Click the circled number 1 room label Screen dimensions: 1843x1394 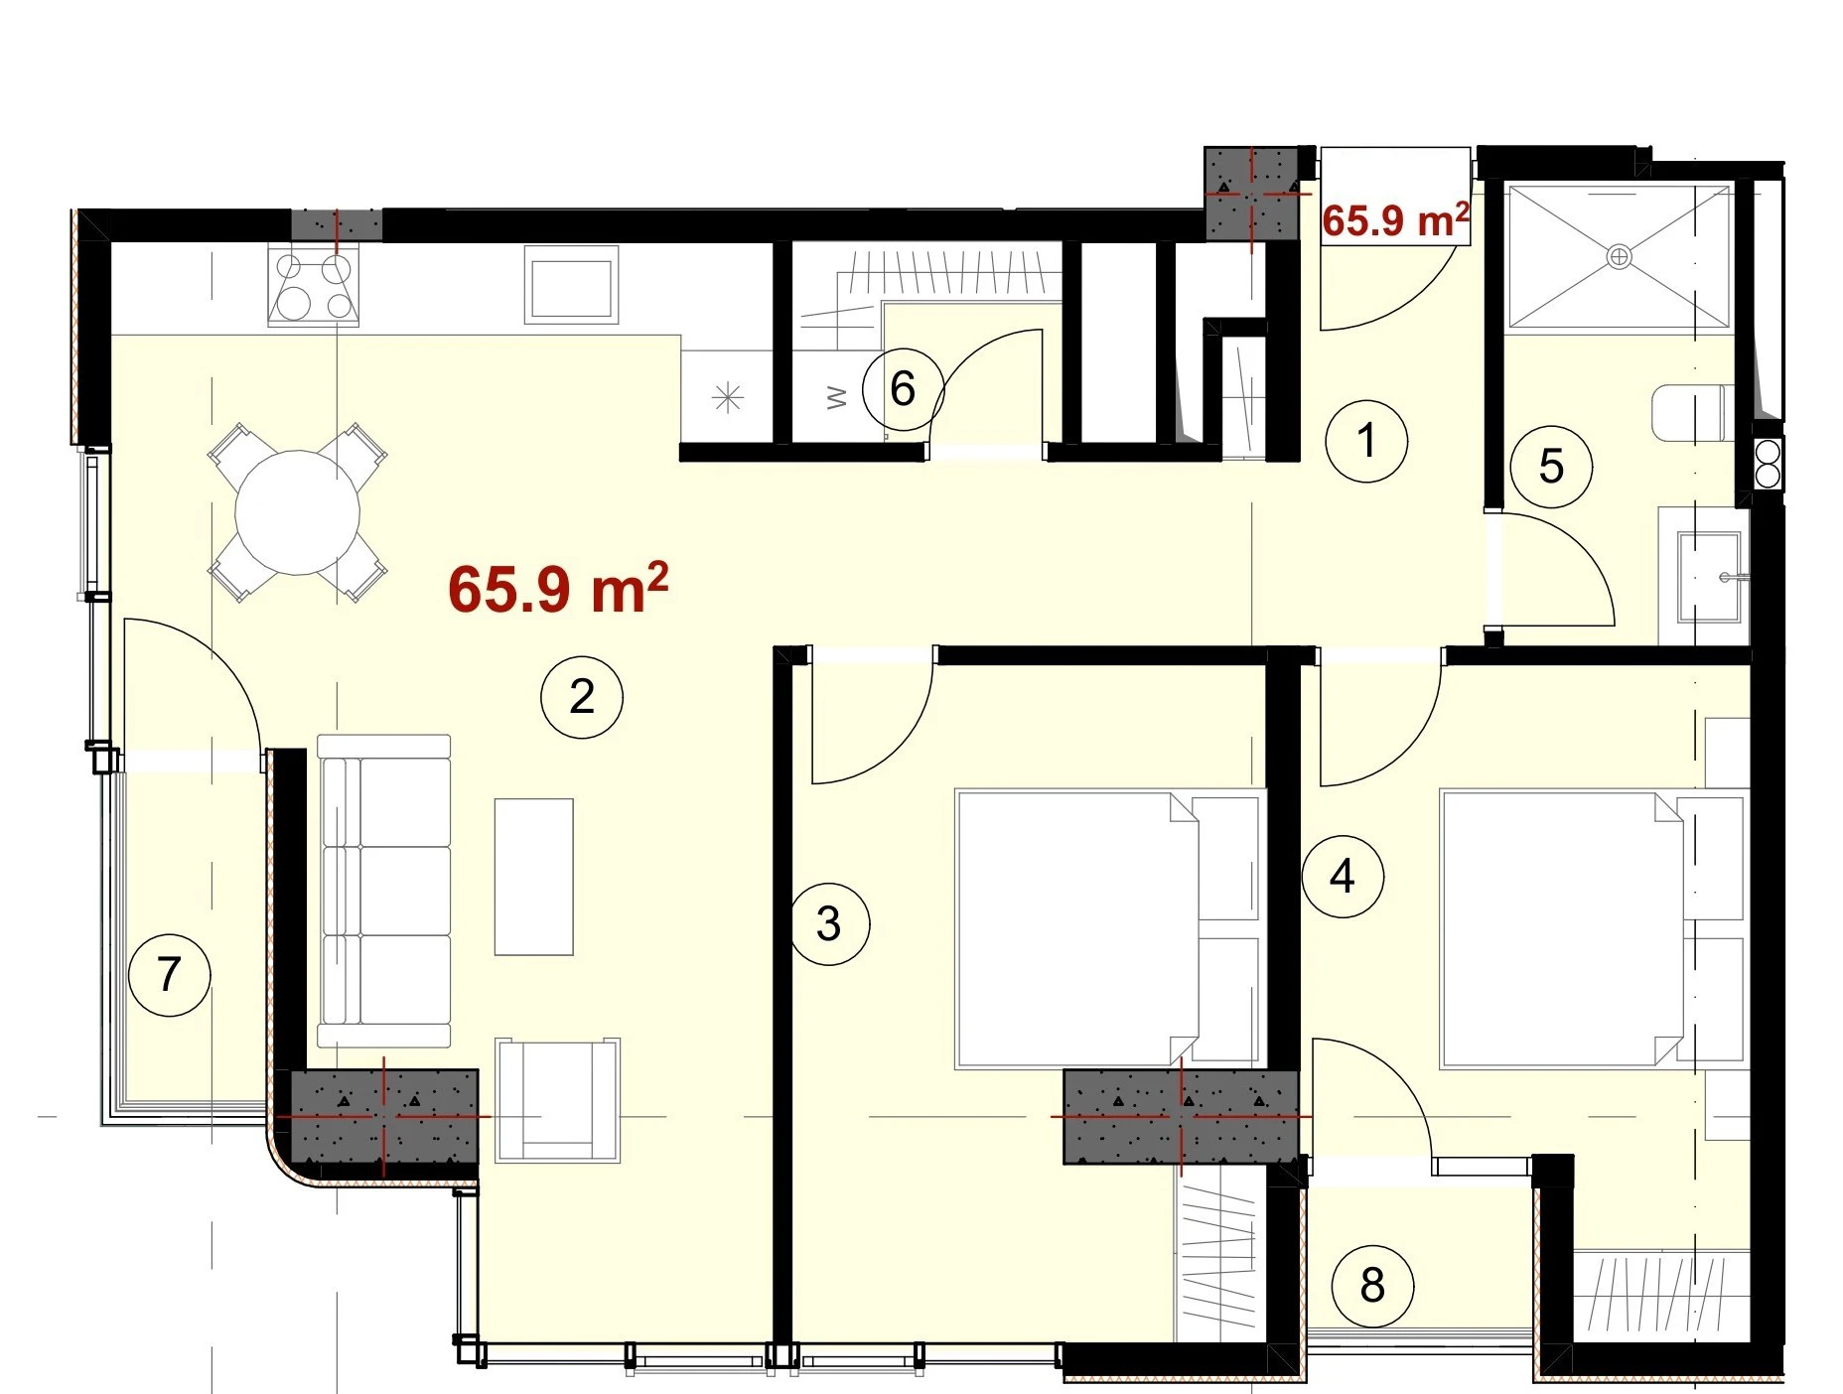[1366, 441]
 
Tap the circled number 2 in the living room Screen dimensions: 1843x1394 [582, 697]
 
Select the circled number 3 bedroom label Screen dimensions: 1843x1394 [829, 924]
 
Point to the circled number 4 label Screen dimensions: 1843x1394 [1343, 877]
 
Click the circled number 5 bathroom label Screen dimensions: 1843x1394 [1551, 467]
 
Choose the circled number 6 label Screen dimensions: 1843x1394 [903, 388]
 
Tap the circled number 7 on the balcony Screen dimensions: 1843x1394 [170, 975]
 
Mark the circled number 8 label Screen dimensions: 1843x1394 [1372, 1286]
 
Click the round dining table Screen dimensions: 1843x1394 [297, 512]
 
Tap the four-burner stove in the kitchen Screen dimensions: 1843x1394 [313, 285]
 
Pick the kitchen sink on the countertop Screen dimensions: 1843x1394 [571, 285]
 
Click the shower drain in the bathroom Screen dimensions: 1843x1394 [1619, 257]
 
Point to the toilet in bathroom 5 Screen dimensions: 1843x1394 [1694, 412]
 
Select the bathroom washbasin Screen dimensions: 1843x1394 [1708, 577]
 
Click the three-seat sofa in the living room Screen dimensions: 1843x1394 [384, 891]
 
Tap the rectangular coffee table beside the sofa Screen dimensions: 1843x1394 [534, 877]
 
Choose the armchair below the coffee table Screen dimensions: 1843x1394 [558, 1100]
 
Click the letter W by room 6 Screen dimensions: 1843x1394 [837, 398]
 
